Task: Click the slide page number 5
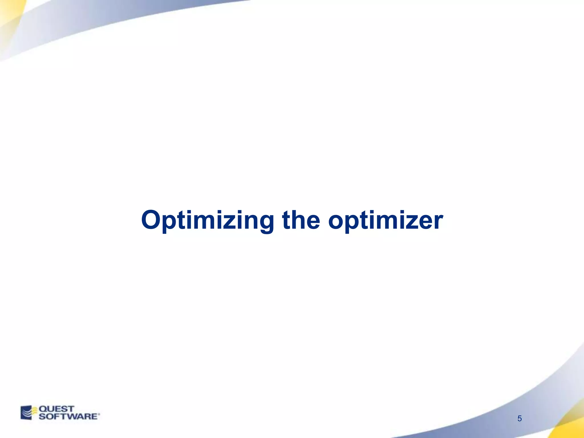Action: click(x=520, y=419)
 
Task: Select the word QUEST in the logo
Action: click(x=56, y=409)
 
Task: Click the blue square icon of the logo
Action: click(x=26, y=413)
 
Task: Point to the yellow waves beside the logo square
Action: click(x=34, y=411)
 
